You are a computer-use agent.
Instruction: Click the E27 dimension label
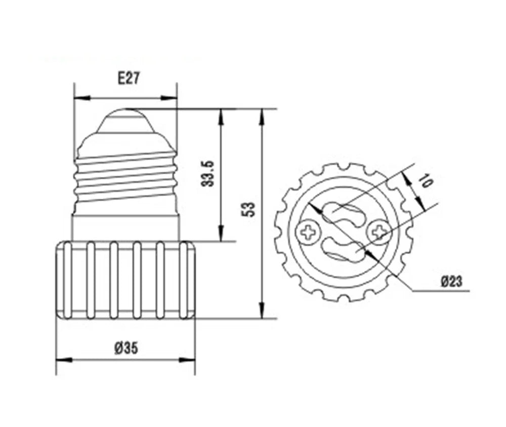pyautogui.click(x=129, y=78)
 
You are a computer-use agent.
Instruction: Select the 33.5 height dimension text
pyautogui.click(x=207, y=173)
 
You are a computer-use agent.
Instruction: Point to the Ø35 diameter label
pyautogui.click(x=126, y=348)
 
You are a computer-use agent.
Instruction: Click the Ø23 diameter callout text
pyautogui.click(x=452, y=281)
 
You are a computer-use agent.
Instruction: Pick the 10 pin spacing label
pyautogui.click(x=426, y=181)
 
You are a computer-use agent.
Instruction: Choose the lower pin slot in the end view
pyautogui.click(x=344, y=249)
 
